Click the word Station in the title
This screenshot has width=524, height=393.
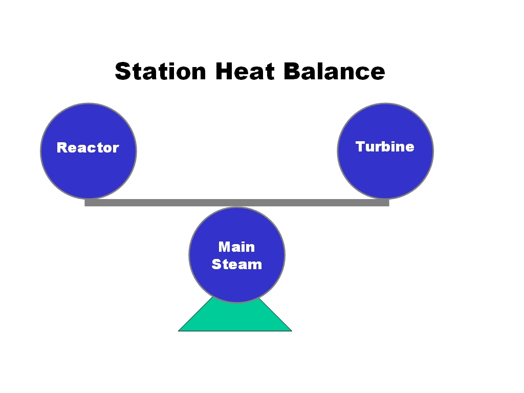160,71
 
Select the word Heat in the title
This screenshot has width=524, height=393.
245,71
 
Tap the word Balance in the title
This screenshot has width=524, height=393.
335,71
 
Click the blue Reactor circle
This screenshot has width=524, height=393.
89,151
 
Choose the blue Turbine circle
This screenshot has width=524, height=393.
385,151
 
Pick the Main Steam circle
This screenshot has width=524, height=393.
237,255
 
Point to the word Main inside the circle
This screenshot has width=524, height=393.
236,247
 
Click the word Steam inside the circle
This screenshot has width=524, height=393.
236,265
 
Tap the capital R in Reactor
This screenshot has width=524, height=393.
62,147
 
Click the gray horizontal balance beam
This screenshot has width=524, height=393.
237,203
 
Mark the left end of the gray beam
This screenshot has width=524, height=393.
85,203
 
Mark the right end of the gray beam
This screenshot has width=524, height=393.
389,203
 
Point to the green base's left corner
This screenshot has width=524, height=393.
179,331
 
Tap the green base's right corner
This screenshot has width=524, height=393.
292,331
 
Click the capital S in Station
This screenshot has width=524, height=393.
123,71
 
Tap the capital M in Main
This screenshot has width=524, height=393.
225,247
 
